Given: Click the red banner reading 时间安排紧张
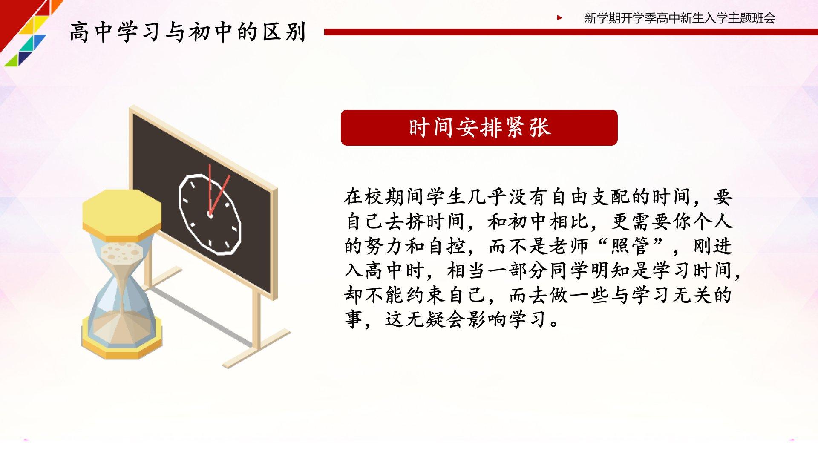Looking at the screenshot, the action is coord(479,128).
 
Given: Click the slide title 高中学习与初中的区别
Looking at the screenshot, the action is coord(188,32).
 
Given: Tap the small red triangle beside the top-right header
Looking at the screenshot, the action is coord(559,18).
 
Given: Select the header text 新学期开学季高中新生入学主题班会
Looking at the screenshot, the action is coord(680,18).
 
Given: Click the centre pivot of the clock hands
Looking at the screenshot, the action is coord(210,214).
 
